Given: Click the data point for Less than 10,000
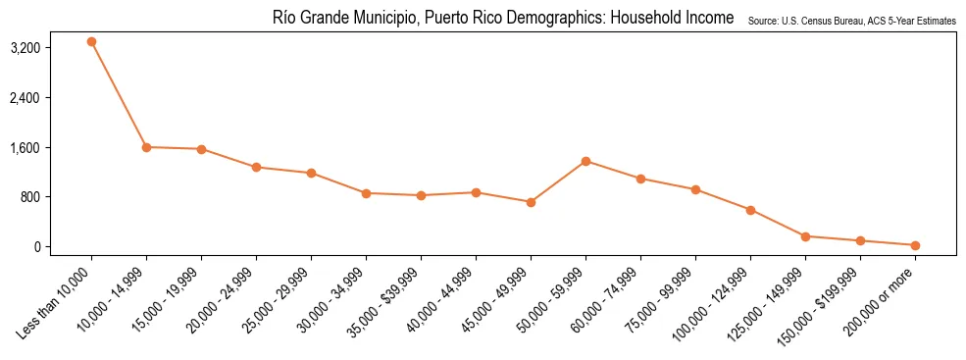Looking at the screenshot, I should (91, 42).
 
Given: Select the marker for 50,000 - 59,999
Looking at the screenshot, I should (585, 161).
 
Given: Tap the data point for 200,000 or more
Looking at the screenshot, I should (915, 245).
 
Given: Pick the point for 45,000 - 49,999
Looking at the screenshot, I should (531, 202).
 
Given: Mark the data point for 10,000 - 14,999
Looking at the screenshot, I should (146, 147).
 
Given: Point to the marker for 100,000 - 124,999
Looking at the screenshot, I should (750, 210).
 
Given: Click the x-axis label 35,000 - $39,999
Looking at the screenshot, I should (387, 298).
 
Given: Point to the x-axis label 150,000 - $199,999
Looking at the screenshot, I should (824, 300).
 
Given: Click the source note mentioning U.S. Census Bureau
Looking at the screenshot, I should (851, 21).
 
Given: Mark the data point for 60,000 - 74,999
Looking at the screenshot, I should (640, 179).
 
